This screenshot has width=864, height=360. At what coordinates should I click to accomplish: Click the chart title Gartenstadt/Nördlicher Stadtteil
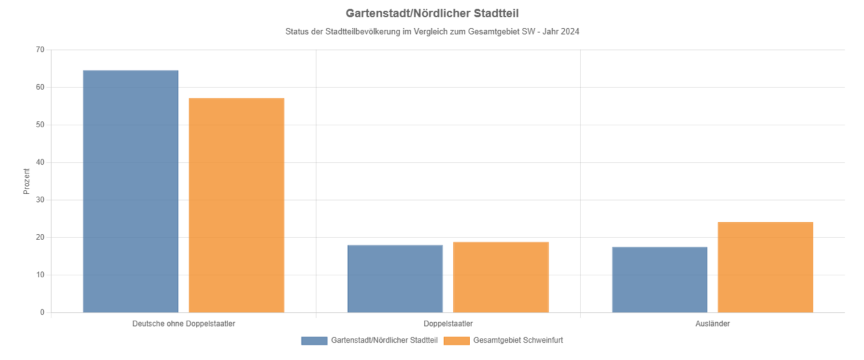tap(432, 13)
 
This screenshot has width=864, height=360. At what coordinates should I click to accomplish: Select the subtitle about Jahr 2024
tap(432, 31)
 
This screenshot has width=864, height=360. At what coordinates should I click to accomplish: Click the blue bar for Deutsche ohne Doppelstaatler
tap(131, 191)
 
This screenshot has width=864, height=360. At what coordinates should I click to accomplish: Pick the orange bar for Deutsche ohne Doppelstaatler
tap(237, 205)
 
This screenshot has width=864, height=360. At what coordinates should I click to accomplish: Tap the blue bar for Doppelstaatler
tap(395, 279)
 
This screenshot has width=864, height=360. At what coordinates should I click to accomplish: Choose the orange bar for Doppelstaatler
tap(501, 277)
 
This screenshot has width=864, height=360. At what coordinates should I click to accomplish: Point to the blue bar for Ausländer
tap(659, 280)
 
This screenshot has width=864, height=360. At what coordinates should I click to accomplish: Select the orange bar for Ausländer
tap(765, 267)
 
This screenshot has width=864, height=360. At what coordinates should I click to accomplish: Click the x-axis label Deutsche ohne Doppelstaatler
tap(183, 323)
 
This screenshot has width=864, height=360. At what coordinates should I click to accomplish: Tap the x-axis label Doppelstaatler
tap(448, 323)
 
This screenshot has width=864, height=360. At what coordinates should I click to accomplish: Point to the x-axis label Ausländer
tap(712, 323)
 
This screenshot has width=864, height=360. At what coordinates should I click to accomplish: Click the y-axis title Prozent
tap(27, 181)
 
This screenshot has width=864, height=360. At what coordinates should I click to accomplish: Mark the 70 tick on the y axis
tap(40, 50)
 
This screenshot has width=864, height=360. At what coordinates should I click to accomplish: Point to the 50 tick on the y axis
tap(40, 125)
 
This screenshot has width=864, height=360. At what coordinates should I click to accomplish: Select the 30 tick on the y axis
tap(40, 200)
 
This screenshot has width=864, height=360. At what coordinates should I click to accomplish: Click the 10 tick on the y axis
tap(40, 275)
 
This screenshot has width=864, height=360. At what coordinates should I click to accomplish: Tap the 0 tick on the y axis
tap(42, 313)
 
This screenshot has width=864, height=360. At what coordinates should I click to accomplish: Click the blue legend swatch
tap(314, 341)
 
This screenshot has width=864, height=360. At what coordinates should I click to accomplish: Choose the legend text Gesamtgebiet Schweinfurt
tap(518, 341)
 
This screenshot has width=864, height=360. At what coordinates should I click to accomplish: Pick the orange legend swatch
tap(456, 341)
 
